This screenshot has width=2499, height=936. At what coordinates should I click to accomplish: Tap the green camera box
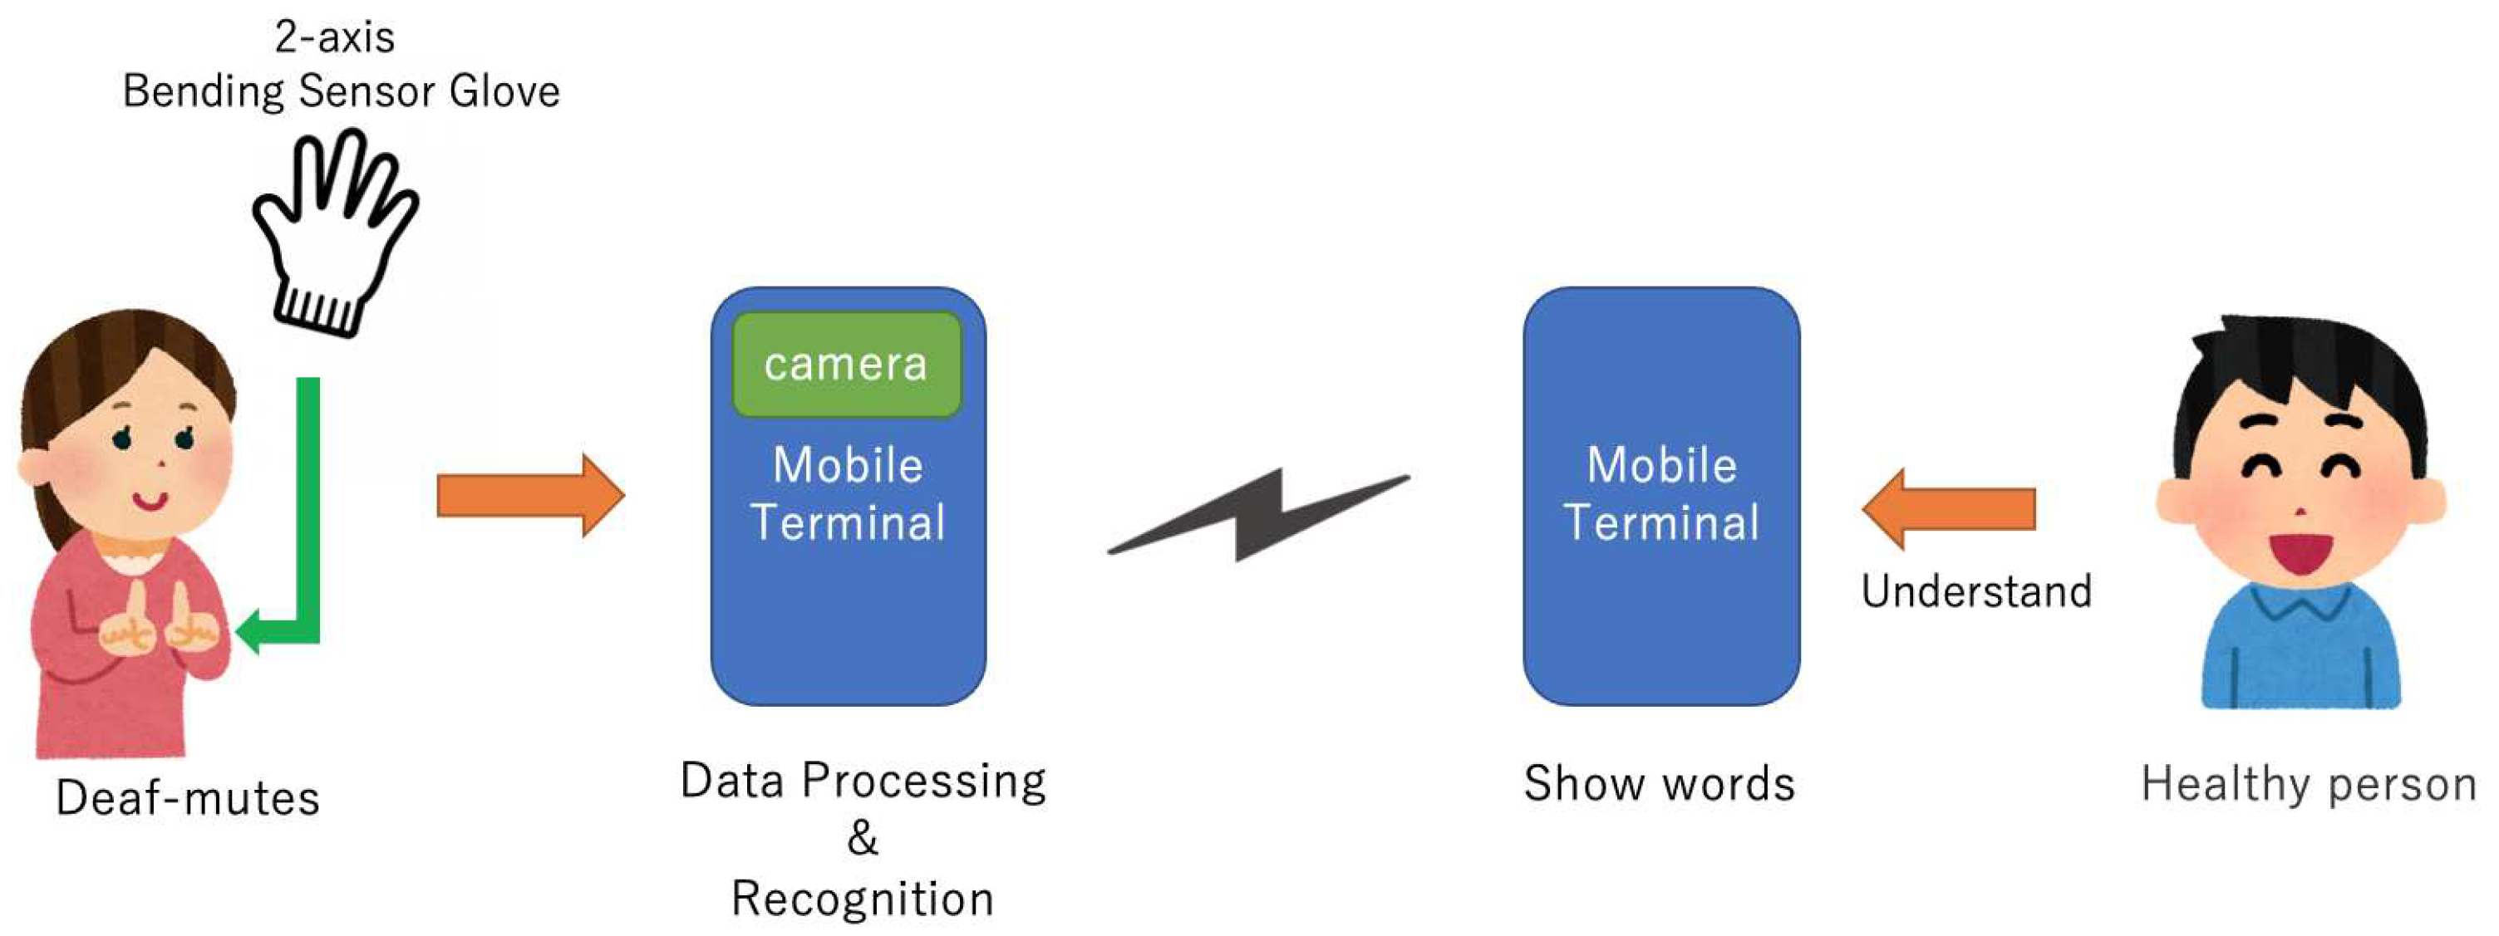(846, 365)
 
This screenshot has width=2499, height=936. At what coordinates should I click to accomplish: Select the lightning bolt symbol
(1258, 514)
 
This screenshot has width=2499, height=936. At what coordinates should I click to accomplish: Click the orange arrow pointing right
(529, 495)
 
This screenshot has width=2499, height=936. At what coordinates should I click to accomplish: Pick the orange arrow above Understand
(1950, 508)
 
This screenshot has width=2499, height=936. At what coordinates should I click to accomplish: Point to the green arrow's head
(249, 631)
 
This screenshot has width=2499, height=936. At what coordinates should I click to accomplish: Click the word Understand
(1976, 591)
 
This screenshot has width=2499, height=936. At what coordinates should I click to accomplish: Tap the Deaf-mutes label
(187, 798)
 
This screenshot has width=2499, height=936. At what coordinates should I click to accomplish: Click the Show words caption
(1659, 782)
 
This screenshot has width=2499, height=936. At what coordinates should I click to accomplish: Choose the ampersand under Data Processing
(863, 838)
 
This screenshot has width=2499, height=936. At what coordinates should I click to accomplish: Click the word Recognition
(863, 898)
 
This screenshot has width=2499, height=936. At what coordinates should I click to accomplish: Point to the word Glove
(504, 91)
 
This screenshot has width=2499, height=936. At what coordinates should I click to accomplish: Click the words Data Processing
(863, 781)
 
